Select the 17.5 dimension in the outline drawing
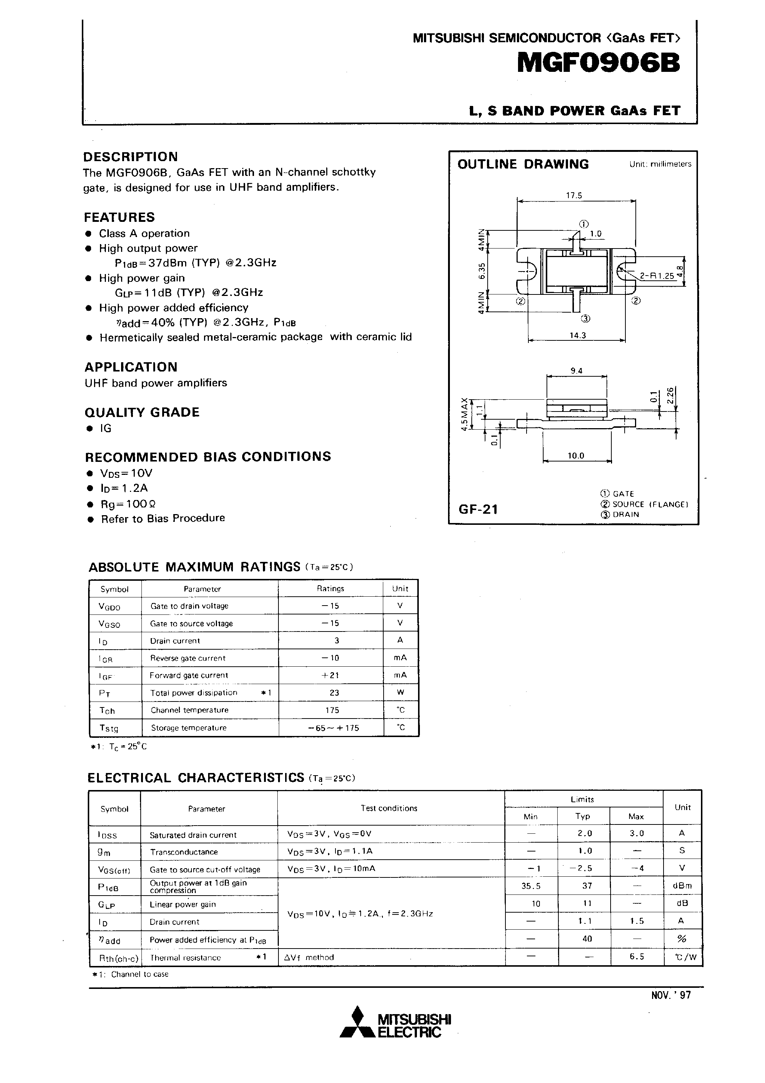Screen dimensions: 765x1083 tap(574, 195)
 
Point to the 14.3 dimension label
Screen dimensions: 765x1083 tap(577, 335)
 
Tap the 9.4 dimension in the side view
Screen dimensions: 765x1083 tap(577, 371)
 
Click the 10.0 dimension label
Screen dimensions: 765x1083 tap(575, 456)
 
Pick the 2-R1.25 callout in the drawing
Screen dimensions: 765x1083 tap(657, 276)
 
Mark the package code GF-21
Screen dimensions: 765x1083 tap(478, 509)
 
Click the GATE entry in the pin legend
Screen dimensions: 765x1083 tap(623, 493)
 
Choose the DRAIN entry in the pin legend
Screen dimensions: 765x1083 tap(625, 514)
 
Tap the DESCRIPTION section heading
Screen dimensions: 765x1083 tap(131, 157)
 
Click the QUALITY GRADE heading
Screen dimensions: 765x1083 tap(142, 412)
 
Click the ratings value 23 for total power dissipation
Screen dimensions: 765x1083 tap(334, 693)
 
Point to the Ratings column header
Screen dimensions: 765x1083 tap(330, 589)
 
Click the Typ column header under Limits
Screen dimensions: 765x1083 tap(583, 816)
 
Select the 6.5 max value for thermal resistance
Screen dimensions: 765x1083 tap(636, 957)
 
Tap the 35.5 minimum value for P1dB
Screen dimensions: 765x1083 tap(531, 886)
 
